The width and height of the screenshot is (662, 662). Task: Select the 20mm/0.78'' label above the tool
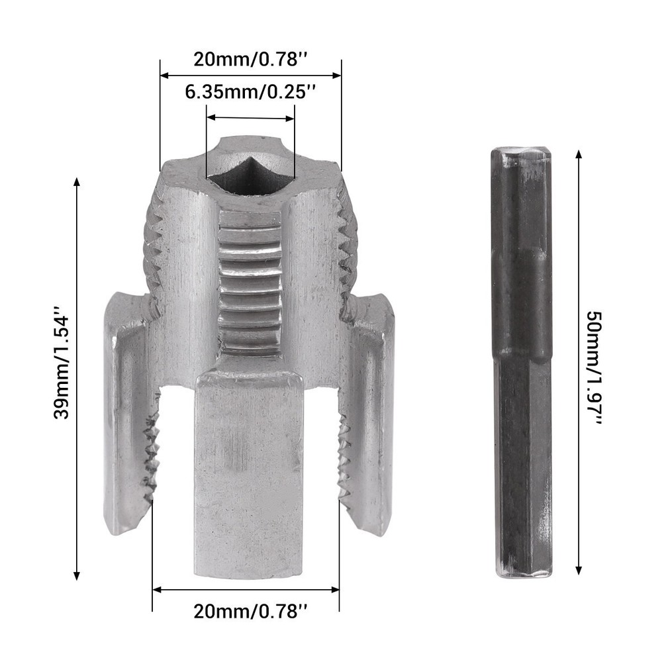point(250,59)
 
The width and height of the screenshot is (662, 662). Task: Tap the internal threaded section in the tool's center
point(250,281)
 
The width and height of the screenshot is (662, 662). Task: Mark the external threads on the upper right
point(347,252)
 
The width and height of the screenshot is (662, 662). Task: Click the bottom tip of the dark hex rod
point(523,573)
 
